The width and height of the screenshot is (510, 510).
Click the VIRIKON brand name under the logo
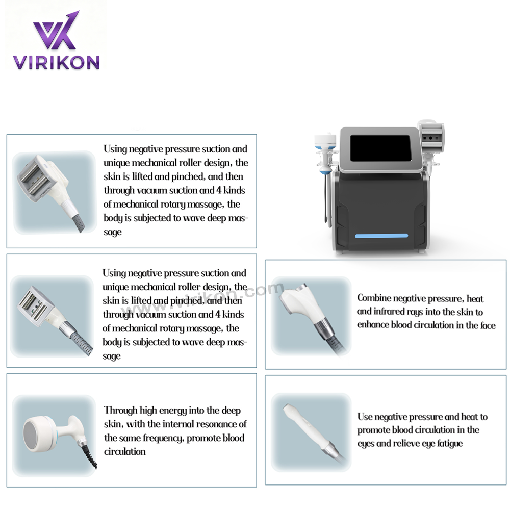56,62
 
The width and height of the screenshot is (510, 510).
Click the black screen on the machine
380,148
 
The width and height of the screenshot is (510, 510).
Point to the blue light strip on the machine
381,236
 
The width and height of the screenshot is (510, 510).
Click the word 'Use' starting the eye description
364,417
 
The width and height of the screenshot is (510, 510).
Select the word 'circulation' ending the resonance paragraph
125,451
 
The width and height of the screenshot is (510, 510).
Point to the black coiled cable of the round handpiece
90,456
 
